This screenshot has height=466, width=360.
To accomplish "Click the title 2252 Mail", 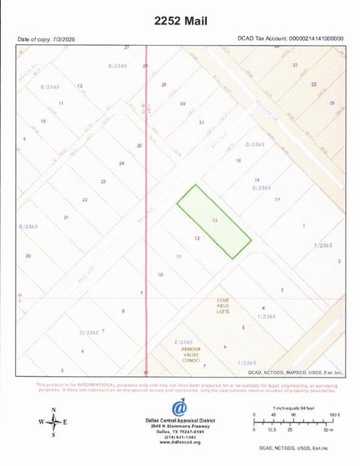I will [x=180, y=20].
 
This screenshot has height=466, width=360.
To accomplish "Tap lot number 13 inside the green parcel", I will [x=215, y=221].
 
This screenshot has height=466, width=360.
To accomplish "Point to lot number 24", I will [x=121, y=163].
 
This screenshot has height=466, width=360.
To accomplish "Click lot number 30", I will [x=182, y=104].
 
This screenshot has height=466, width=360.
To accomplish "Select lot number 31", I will [x=201, y=122].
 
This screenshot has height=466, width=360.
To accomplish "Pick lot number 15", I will [x=238, y=161].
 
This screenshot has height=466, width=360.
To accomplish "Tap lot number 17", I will [x=277, y=200].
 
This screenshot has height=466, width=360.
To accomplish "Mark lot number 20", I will [x=28, y=256].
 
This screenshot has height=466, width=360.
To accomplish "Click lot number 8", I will [x=123, y=311].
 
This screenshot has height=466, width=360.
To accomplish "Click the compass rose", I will [x=54, y=423].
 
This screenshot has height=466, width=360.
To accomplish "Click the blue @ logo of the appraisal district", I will [x=179, y=408].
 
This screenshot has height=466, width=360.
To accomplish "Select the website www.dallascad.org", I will [x=179, y=443].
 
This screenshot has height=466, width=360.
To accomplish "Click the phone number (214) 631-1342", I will [x=179, y=437].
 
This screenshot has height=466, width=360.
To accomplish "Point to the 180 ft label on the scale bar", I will [x=334, y=414].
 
